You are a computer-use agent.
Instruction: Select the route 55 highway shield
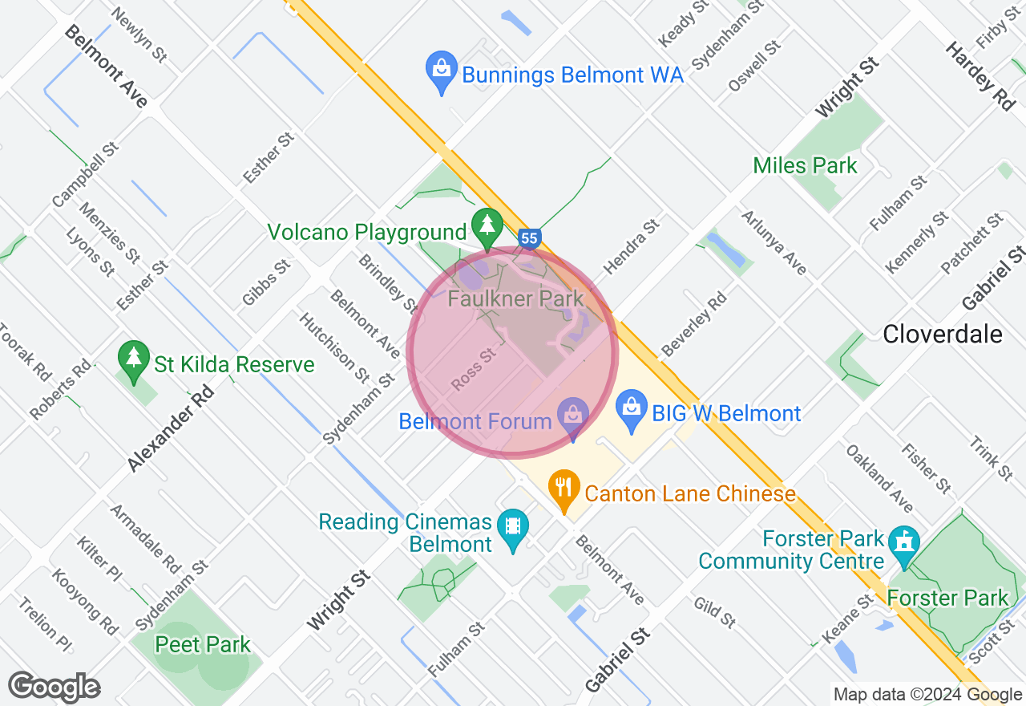point(528,238)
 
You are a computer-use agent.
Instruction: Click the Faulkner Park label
point(515,299)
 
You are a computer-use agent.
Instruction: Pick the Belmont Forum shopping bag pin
point(573,417)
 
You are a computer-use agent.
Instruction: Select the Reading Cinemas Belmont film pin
point(512,528)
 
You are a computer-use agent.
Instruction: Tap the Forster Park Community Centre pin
point(905,542)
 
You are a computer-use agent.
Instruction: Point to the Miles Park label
point(805,166)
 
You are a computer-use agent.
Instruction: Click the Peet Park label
point(203,644)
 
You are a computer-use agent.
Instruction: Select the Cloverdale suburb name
point(942,334)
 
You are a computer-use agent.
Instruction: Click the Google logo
point(54,687)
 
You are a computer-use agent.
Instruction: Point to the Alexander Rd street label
point(171,427)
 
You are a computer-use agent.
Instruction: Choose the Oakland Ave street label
point(879,478)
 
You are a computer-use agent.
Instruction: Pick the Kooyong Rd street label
point(87,602)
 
